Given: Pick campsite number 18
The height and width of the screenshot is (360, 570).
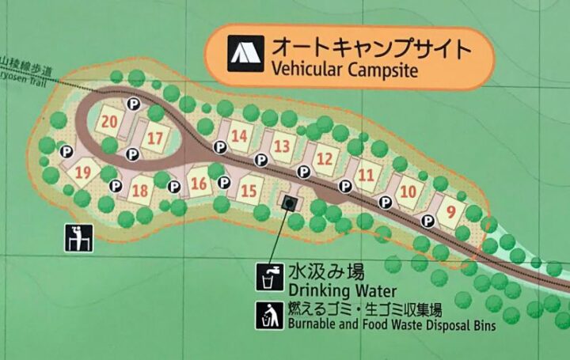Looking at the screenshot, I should tap(141, 190).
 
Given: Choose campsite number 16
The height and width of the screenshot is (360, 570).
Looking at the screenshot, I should tap(199, 185).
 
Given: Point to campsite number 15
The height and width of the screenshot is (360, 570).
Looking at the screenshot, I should tap(249, 190).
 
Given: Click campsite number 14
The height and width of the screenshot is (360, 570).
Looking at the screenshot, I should tap(239, 135).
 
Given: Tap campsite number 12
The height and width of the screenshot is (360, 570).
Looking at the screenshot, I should tap(324, 159).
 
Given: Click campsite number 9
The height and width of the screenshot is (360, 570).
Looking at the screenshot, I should tap(450, 211).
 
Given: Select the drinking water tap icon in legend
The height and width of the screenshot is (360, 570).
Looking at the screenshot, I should tap(268, 278).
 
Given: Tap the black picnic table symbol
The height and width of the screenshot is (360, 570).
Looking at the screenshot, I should tap(79, 237).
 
